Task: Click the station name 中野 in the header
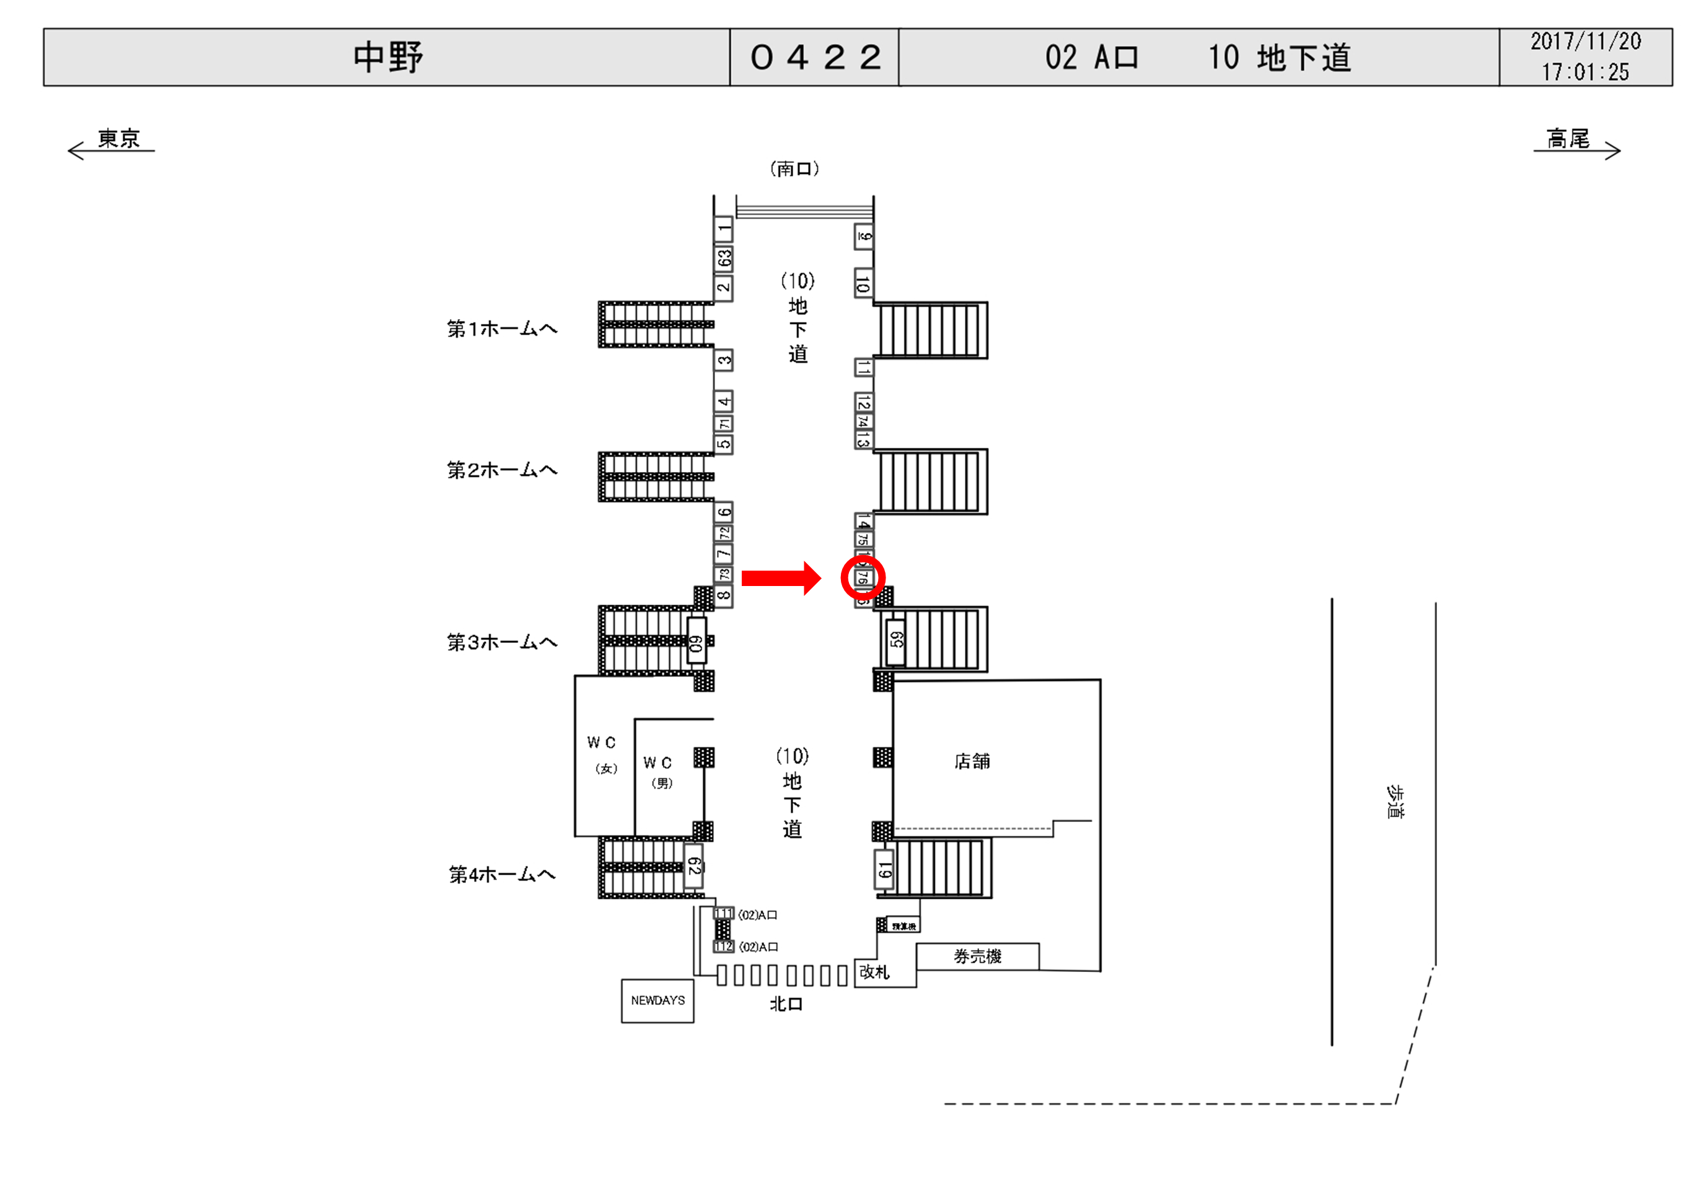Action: coord(387,57)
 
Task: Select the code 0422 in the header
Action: coord(815,57)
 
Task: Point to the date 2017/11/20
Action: coord(1585,42)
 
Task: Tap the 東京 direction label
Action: coord(118,139)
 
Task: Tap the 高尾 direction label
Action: coord(1568,139)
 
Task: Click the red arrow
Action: coord(781,578)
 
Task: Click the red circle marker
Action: coord(863,578)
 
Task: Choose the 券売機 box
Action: coord(978,956)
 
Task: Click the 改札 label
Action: coord(874,972)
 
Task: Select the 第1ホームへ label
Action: coord(501,329)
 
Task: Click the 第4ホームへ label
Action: coord(501,875)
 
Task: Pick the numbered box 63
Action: coord(724,258)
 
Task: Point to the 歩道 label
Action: coord(1394,802)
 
